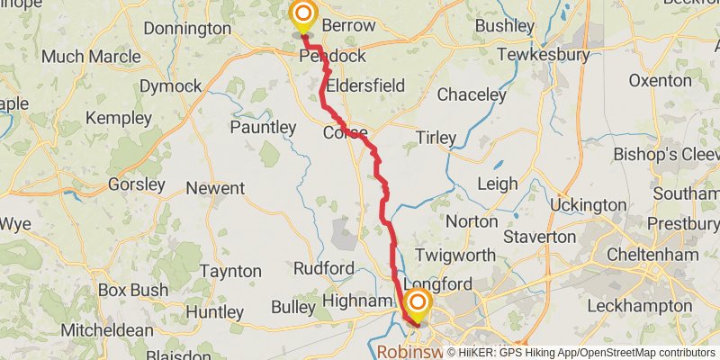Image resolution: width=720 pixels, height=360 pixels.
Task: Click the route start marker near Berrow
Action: tap(303, 14)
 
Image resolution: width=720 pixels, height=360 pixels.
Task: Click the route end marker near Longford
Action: tap(417, 303)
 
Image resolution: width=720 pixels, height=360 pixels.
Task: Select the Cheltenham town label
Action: tap(653, 255)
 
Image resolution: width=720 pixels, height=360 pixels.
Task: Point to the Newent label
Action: tap(215, 188)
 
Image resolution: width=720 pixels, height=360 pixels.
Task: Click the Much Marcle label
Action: tap(91, 57)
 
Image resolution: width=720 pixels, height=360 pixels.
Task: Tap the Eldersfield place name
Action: tap(365, 85)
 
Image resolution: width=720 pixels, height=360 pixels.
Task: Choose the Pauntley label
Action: tap(263, 128)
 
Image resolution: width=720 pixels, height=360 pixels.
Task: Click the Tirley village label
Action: tap(436, 138)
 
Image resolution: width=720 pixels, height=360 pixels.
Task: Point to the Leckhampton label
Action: tap(643, 305)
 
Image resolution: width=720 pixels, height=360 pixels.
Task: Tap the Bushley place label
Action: tap(505, 24)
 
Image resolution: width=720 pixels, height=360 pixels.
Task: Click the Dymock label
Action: tap(170, 86)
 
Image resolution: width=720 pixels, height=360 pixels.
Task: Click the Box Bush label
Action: tap(132, 291)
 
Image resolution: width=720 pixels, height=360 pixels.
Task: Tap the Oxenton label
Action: tap(661, 80)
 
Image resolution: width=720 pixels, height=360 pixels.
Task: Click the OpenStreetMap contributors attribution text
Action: tap(644, 353)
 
